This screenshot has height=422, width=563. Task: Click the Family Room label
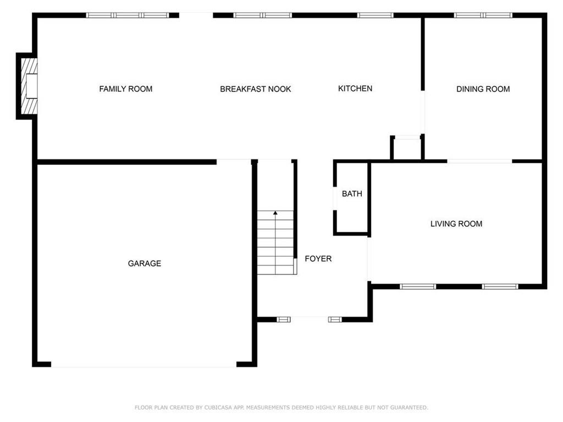(x=126, y=88)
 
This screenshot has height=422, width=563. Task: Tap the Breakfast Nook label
(x=255, y=88)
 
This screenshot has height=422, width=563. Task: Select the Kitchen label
(x=355, y=88)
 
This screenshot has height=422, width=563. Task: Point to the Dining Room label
(x=483, y=88)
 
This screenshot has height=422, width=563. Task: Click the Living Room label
(x=456, y=224)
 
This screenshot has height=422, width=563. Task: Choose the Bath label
(x=352, y=194)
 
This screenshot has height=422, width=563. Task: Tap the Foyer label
(x=318, y=258)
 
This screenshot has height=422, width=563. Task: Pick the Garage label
(x=145, y=263)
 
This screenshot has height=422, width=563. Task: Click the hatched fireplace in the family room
(x=29, y=86)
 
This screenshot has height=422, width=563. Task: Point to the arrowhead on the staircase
(x=275, y=213)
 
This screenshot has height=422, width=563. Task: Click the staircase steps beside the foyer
(x=275, y=242)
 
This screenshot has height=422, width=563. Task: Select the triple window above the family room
(x=128, y=15)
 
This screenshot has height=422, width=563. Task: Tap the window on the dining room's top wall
(x=483, y=15)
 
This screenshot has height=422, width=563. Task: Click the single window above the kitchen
(x=375, y=15)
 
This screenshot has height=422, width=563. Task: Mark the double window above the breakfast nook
(x=262, y=15)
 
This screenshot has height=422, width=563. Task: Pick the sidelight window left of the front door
(x=284, y=319)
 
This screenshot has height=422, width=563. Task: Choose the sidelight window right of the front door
(x=335, y=319)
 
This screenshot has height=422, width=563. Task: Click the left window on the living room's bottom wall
(x=418, y=286)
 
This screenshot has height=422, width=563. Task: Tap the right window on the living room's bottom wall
(x=500, y=286)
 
